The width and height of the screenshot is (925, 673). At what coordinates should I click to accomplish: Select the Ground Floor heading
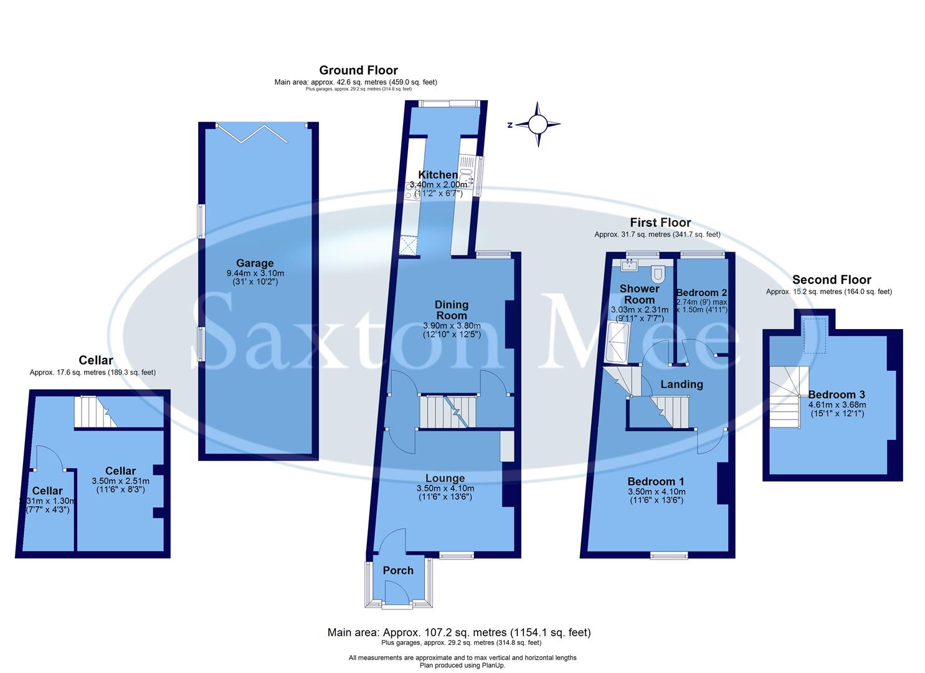(x=358, y=70)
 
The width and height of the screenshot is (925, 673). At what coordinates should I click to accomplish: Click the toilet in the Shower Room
(x=658, y=274)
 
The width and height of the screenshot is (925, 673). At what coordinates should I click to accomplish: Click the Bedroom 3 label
(x=837, y=394)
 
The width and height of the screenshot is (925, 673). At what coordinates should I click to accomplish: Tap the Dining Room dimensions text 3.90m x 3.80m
(x=452, y=325)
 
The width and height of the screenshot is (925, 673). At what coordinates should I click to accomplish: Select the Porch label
(x=398, y=570)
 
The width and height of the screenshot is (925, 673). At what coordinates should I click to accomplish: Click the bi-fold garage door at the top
(x=261, y=131)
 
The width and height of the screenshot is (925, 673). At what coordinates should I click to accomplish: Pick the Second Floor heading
(x=832, y=280)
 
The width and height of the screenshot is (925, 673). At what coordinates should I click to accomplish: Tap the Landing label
(x=681, y=384)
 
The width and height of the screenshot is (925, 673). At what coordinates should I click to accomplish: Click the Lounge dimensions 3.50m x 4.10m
(x=445, y=489)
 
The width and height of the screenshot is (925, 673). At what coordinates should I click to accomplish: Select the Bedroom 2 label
(x=701, y=292)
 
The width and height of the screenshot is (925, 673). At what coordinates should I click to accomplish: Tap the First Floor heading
(x=660, y=222)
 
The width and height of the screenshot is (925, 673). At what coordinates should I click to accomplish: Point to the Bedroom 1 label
(x=656, y=481)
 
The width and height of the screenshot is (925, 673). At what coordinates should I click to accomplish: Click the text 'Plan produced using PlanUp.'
(x=462, y=665)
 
